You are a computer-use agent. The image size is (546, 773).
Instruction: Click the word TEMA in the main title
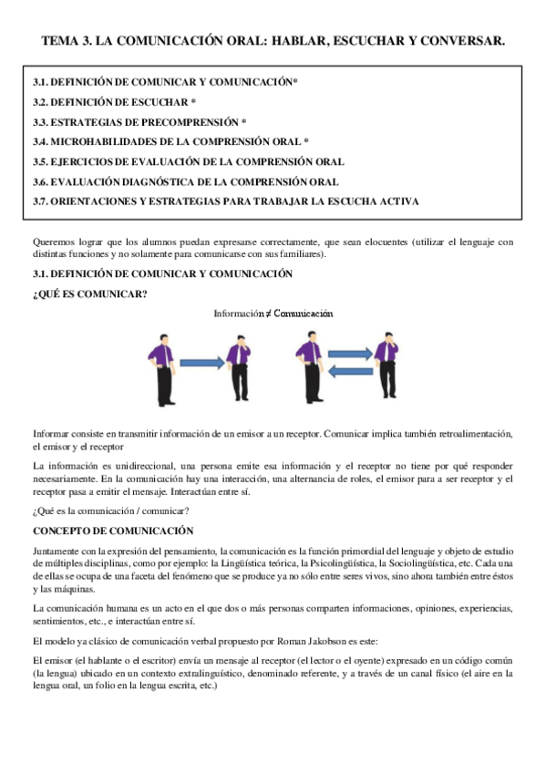(x=60, y=41)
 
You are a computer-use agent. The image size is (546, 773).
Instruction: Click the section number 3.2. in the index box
(x=45, y=102)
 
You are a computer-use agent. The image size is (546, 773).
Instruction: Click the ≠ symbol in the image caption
(x=270, y=314)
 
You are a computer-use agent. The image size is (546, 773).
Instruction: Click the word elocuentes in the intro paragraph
(x=378, y=242)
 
